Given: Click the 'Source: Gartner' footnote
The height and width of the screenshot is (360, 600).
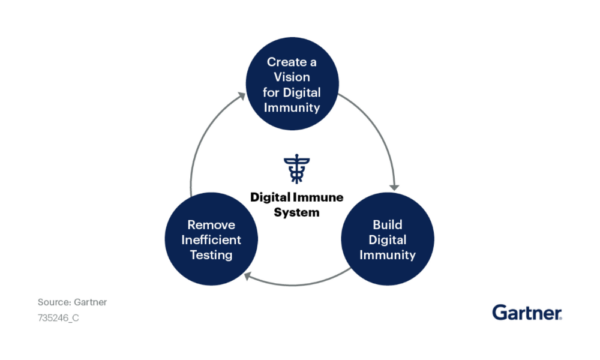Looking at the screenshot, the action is pos(72,301).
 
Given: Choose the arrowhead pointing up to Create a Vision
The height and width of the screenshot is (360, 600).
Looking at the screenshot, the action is pos(239,97).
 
